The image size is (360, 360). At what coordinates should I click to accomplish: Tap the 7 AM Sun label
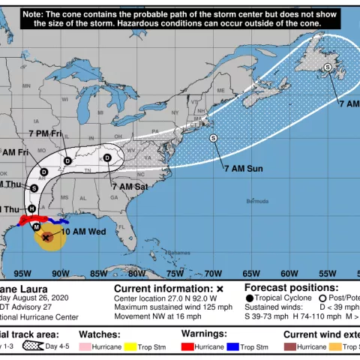point(243,169)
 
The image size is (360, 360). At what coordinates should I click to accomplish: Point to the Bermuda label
point(258,202)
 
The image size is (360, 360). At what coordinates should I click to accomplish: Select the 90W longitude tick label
point(60,273)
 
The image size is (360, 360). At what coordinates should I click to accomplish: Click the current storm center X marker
point(46,237)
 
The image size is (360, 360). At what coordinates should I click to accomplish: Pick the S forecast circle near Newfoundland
point(328,67)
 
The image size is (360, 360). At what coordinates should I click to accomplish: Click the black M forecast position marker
point(36,226)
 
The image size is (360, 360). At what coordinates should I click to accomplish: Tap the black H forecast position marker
point(31,208)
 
